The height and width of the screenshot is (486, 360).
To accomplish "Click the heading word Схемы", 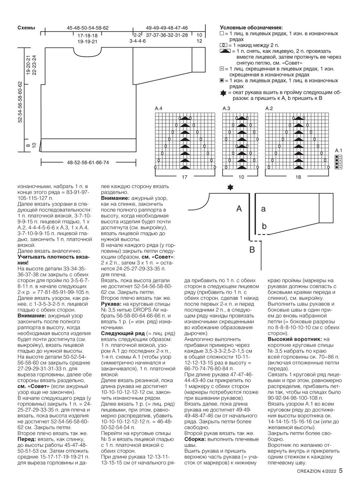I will [26, 28].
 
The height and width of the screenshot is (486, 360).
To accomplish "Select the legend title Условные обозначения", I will [251, 28].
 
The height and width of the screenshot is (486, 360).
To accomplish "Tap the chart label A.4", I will [159, 109].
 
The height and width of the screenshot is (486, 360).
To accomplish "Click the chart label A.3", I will [226, 109].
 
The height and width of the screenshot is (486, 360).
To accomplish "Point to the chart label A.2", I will [269, 109].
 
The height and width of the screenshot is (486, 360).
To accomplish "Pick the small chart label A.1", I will [339, 150].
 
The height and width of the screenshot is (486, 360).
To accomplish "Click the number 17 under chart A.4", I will [185, 177].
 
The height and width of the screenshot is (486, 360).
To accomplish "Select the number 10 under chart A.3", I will [241, 177].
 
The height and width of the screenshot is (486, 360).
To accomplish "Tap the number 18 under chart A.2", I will [298, 177].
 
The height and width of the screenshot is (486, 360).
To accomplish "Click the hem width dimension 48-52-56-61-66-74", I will [88, 162].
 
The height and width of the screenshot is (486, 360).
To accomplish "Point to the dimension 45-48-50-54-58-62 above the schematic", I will [87, 28].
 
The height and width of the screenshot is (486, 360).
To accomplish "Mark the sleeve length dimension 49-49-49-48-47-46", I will [167, 28].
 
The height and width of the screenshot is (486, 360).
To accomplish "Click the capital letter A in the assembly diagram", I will [239, 209].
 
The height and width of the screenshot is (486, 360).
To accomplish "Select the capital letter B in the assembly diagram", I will [252, 250].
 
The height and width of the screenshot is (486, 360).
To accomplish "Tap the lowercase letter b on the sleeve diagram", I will [264, 226].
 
